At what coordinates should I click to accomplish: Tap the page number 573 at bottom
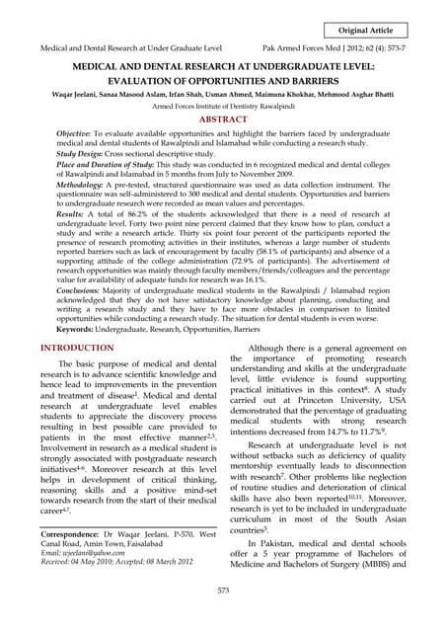[x=223, y=590]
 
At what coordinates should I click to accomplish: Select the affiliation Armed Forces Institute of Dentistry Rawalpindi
[x=223, y=105]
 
